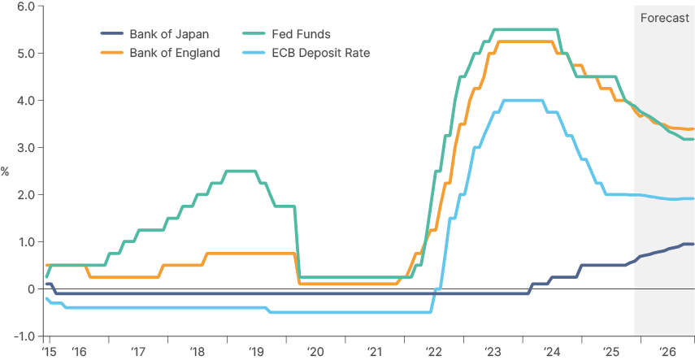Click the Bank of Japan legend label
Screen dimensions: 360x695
point(168,34)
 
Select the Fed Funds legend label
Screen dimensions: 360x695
point(301,34)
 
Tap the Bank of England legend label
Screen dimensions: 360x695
point(174,53)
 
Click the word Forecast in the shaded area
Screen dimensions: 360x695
point(665,17)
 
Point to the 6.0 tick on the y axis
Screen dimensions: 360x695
point(24,7)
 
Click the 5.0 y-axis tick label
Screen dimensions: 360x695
point(24,54)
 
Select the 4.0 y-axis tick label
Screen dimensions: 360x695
point(24,101)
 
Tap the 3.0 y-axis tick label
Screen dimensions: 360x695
point(24,148)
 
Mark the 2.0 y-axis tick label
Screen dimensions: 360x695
point(24,195)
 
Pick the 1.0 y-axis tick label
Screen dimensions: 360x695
point(24,242)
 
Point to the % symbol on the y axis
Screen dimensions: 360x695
point(5,171)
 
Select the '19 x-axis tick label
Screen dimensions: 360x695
point(257,352)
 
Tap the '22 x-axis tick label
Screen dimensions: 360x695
point(434,352)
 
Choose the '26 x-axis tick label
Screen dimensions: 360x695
point(668,352)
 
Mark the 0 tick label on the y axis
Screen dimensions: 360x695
point(30,289)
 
